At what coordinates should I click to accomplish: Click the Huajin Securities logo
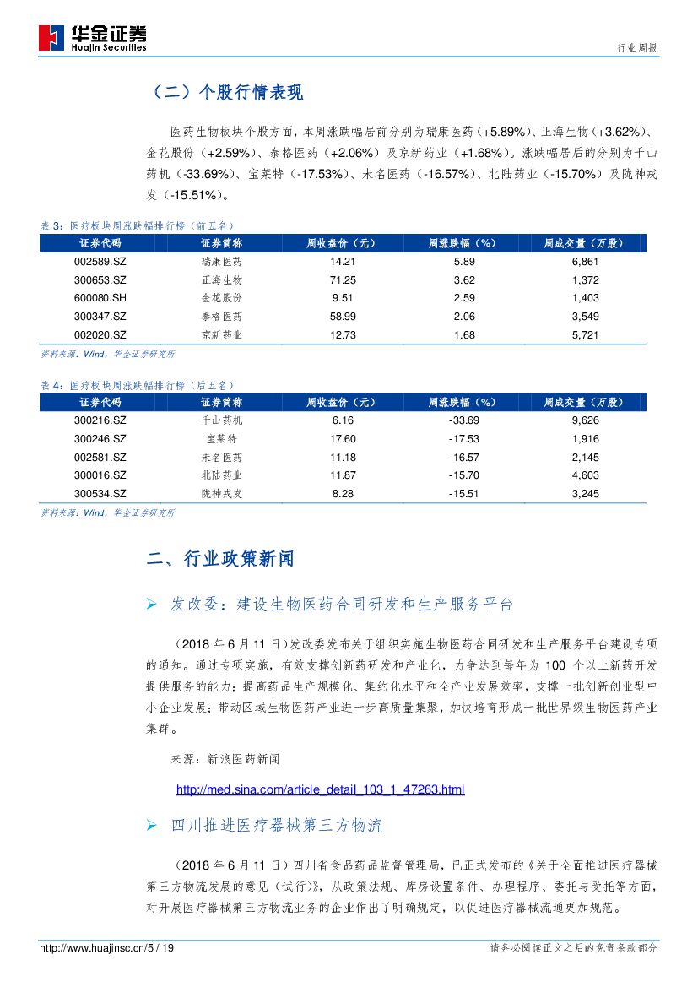coord(93,38)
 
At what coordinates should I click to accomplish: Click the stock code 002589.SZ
coord(100,262)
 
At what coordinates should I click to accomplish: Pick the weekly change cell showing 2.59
coord(464,298)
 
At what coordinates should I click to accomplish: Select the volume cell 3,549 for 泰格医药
coord(584,317)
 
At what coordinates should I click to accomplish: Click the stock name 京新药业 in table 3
coord(222,335)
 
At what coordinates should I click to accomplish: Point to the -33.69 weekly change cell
coord(464,420)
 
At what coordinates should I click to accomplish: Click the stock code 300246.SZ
coord(100,439)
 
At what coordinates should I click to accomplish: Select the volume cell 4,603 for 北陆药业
coord(584,475)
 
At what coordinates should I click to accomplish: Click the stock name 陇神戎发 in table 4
coord(222,494)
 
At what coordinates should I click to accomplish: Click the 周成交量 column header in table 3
coord(584,243)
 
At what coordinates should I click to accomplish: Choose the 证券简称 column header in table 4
coord(222,402)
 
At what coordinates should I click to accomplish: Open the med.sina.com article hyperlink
coord(320,790)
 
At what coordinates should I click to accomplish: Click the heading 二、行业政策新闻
coord(220,559)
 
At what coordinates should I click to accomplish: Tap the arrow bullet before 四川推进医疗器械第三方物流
coord(152,825)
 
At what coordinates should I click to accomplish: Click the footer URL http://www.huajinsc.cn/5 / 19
coord(107,949)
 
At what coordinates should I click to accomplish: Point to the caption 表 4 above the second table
coord(51,385)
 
